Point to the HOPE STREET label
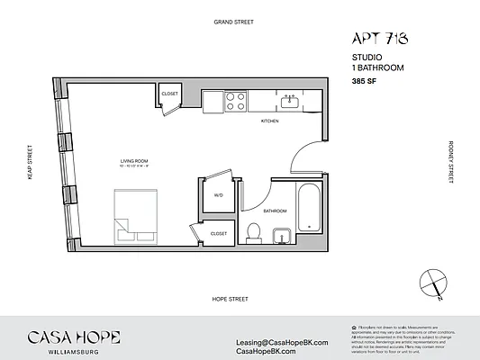(231, 298)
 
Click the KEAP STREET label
(30, 163)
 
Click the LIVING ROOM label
(132, 162)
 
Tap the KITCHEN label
(269, 121)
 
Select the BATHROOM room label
(275, 211)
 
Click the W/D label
(218, 194)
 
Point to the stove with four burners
(235, 100)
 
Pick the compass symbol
(438, 283)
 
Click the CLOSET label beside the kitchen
(170, 94)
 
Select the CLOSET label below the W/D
(218, 233)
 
